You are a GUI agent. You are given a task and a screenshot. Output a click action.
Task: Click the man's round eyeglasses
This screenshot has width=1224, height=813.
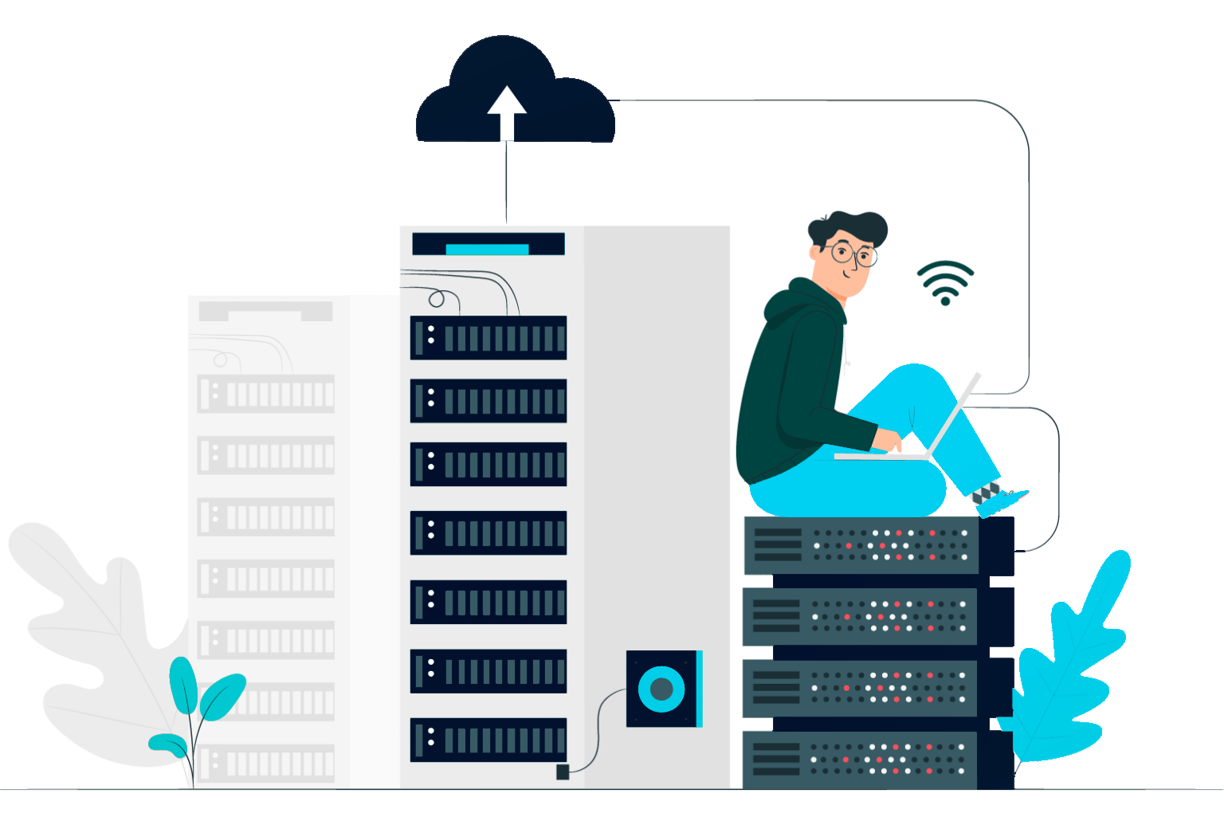point(851,254)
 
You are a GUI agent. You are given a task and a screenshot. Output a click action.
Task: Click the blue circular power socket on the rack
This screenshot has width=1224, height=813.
point(661,689)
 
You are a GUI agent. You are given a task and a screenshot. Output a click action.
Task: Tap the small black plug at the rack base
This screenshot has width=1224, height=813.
point(563,772)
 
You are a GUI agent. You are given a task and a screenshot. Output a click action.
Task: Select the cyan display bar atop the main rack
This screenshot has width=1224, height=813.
point(487,249)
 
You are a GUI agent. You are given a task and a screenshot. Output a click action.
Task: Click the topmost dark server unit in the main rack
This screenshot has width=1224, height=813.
point(488,338)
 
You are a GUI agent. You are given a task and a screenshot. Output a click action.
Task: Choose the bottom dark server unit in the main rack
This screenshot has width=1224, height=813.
point(488,740)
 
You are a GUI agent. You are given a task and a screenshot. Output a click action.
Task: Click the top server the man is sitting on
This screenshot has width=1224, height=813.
point(861,545)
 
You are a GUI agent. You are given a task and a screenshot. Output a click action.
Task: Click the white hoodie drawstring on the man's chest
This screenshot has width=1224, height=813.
point(845,351)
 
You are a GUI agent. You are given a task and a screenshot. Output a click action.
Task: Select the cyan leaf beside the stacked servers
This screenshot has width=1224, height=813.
point(1060,677)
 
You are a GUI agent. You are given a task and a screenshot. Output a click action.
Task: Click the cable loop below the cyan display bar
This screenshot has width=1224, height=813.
point(437,299)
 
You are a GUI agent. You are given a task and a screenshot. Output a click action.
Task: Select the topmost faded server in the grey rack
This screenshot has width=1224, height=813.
point(266,394)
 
